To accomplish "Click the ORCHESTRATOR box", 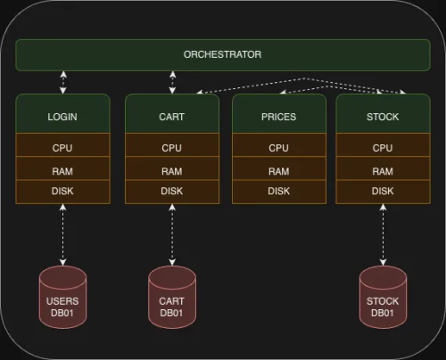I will pos(222,54).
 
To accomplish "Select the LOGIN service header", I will pos(62,115).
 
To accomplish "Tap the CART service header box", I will pos(171,115).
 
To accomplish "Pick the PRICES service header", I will pos(278,115).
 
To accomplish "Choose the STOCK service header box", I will pos(383,115).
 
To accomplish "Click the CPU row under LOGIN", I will pos(62,148).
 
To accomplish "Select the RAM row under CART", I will pos(171,170).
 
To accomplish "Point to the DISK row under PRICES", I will pos(278,191).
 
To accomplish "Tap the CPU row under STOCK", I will pos(383,148).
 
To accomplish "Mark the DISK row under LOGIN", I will pos(62,191).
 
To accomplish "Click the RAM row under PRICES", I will pos(278,170).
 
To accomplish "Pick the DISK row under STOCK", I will pos(383,191).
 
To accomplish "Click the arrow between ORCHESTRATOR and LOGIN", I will pos(62,82).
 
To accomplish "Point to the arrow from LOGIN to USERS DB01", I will pos(62,233).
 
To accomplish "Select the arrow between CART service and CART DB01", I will pos(171,233).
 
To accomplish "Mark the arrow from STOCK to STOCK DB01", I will pos(383,233).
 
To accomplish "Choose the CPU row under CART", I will pos(171,148).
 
